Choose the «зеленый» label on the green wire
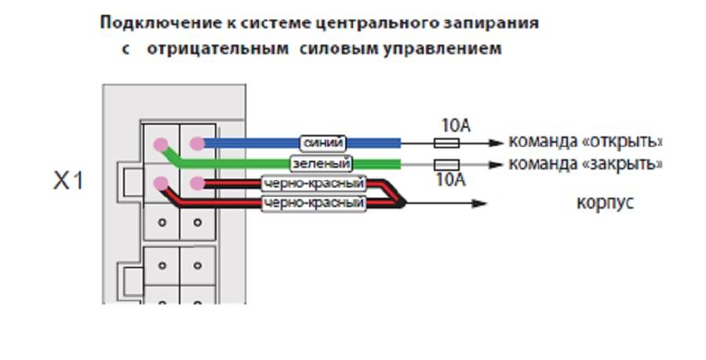click(x=321, y=164)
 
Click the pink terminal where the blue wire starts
click(x=198, y=144)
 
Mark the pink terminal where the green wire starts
click(x=161, y=144)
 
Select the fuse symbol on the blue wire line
click(x=446, y=144)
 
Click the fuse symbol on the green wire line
click(x=446, y=165)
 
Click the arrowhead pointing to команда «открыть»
click(x=496, y=144)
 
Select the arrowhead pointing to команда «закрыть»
click(x=496, y=165)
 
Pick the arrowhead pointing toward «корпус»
click(x=479, y=204)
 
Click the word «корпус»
click(x=605, y=203)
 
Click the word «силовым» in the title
click(x=329, y=49)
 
